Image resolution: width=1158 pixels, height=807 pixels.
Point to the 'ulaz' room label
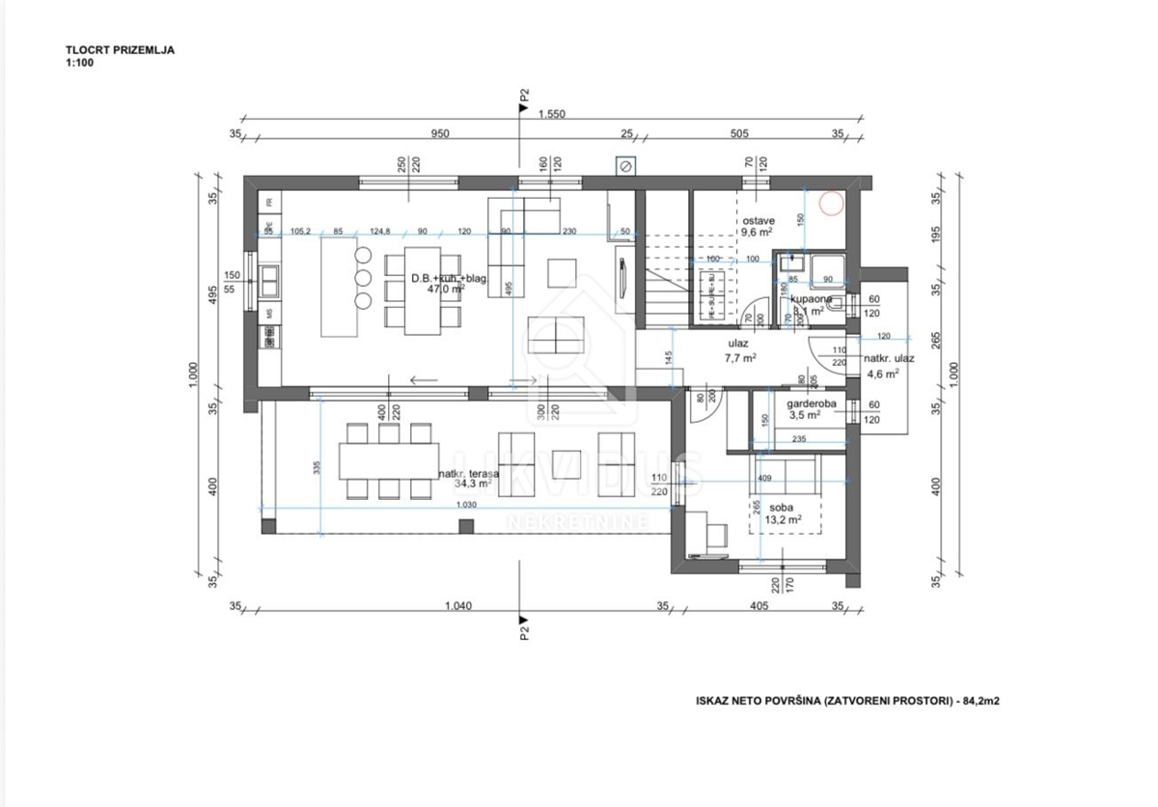tap(739, 343)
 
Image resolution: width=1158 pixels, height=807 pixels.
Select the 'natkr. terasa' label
tap(468, 474)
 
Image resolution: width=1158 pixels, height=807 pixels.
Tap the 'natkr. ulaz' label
tap(882, 359)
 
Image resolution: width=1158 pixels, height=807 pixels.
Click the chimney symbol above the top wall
tap(624, 167)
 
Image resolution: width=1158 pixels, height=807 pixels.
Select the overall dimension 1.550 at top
tap(552, 114)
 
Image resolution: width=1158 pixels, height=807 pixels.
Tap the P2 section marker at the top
tap(524, 97)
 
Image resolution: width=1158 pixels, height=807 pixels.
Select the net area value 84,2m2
tap(979, 703)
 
